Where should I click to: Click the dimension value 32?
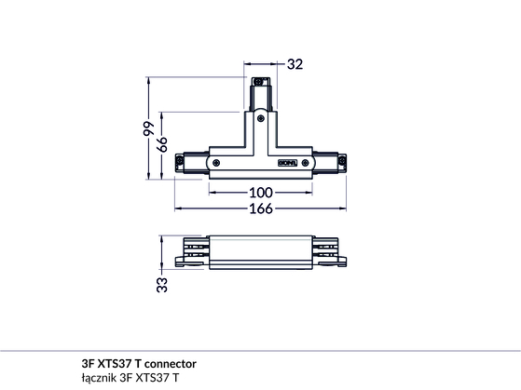coord(295,64)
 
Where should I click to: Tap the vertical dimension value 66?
coord(162,144)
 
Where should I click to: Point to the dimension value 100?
coord(261,193)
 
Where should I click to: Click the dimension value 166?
coord(261,208)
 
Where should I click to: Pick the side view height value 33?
coord(162,285)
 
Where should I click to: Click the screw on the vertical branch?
coord(261,118)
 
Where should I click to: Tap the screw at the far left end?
coord(180,161)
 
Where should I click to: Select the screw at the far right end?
coord(342,161)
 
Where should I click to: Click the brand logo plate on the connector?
coord(288,163)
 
